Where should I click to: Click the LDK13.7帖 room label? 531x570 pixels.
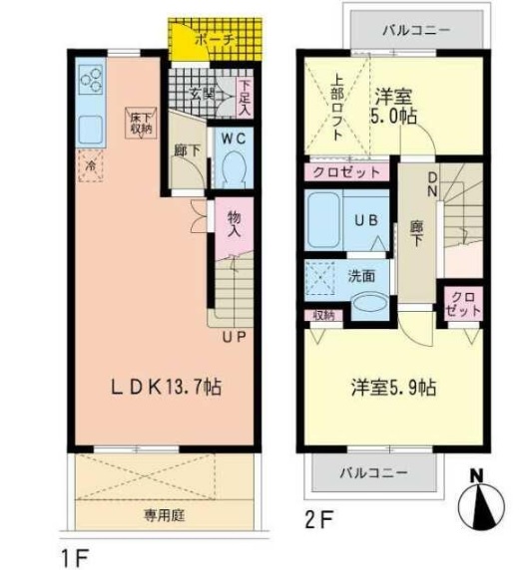166,388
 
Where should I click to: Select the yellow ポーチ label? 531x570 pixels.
214,40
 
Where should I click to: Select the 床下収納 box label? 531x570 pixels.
140,123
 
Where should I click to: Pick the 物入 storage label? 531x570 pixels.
234,224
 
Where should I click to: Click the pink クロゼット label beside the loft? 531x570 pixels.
345,172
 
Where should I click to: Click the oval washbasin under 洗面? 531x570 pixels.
366,305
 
